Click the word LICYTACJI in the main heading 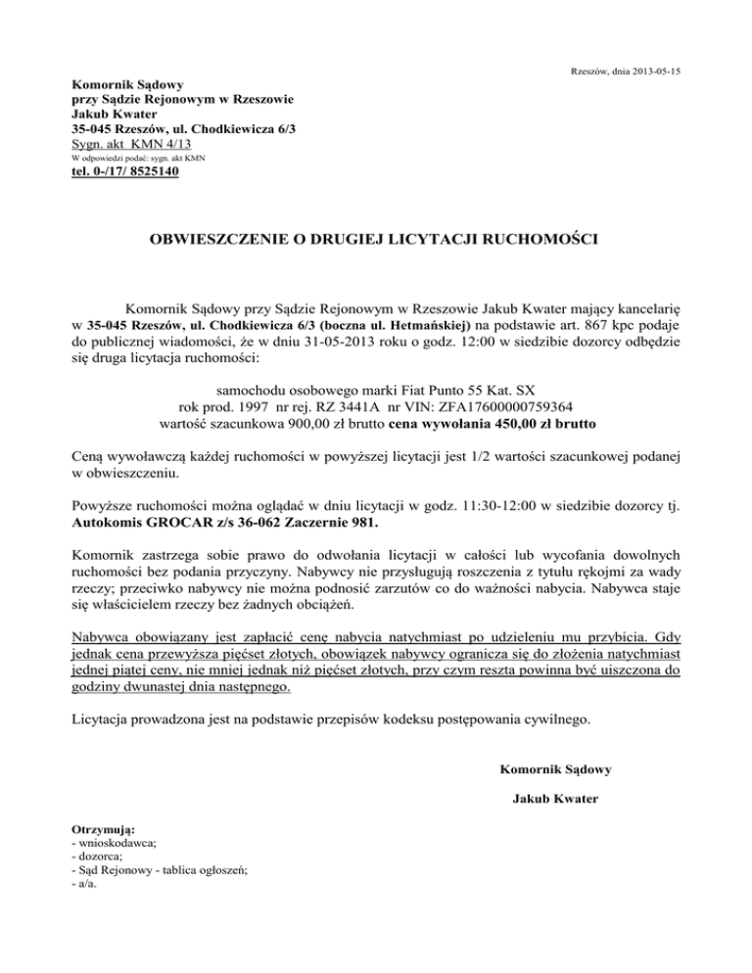pyautogui.click(x=406, y=237)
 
